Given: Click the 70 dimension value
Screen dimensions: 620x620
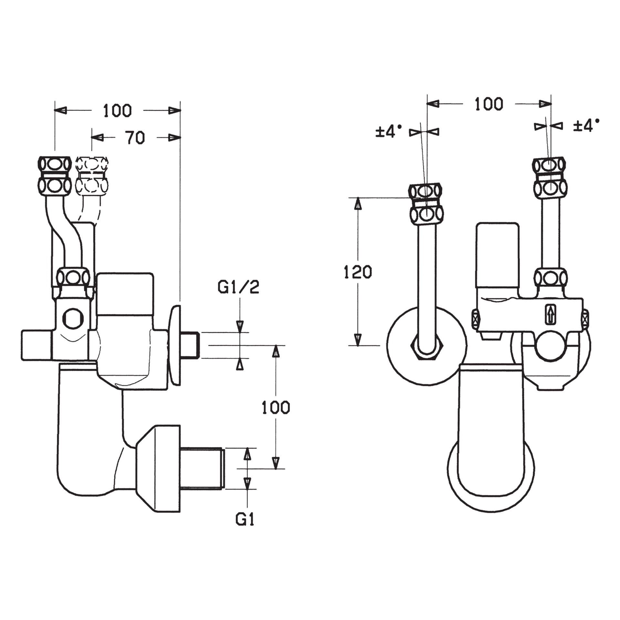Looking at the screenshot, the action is click(135, 138).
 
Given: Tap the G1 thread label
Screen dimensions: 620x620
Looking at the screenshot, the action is click(245, 520).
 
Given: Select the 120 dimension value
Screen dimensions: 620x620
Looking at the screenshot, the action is click(358, 272).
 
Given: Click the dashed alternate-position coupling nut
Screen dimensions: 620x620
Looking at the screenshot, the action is click(92, 175).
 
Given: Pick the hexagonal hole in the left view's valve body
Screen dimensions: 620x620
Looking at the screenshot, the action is click(73, 318).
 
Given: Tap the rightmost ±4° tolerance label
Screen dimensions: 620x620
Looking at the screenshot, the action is click(586, 125).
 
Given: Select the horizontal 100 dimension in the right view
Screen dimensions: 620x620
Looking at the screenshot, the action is click(489, 104).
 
